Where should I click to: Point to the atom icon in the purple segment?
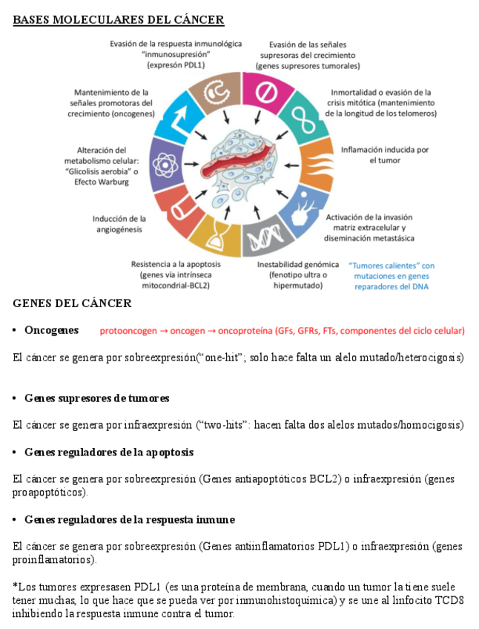coord(165,163)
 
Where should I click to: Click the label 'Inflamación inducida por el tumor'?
coord(385,154)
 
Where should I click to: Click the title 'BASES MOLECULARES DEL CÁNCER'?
coord(119,19)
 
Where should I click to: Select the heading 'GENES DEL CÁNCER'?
coord(72,303)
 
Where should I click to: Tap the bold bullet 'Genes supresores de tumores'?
coord(96,398)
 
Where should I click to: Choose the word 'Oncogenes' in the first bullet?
coord(51,329)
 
